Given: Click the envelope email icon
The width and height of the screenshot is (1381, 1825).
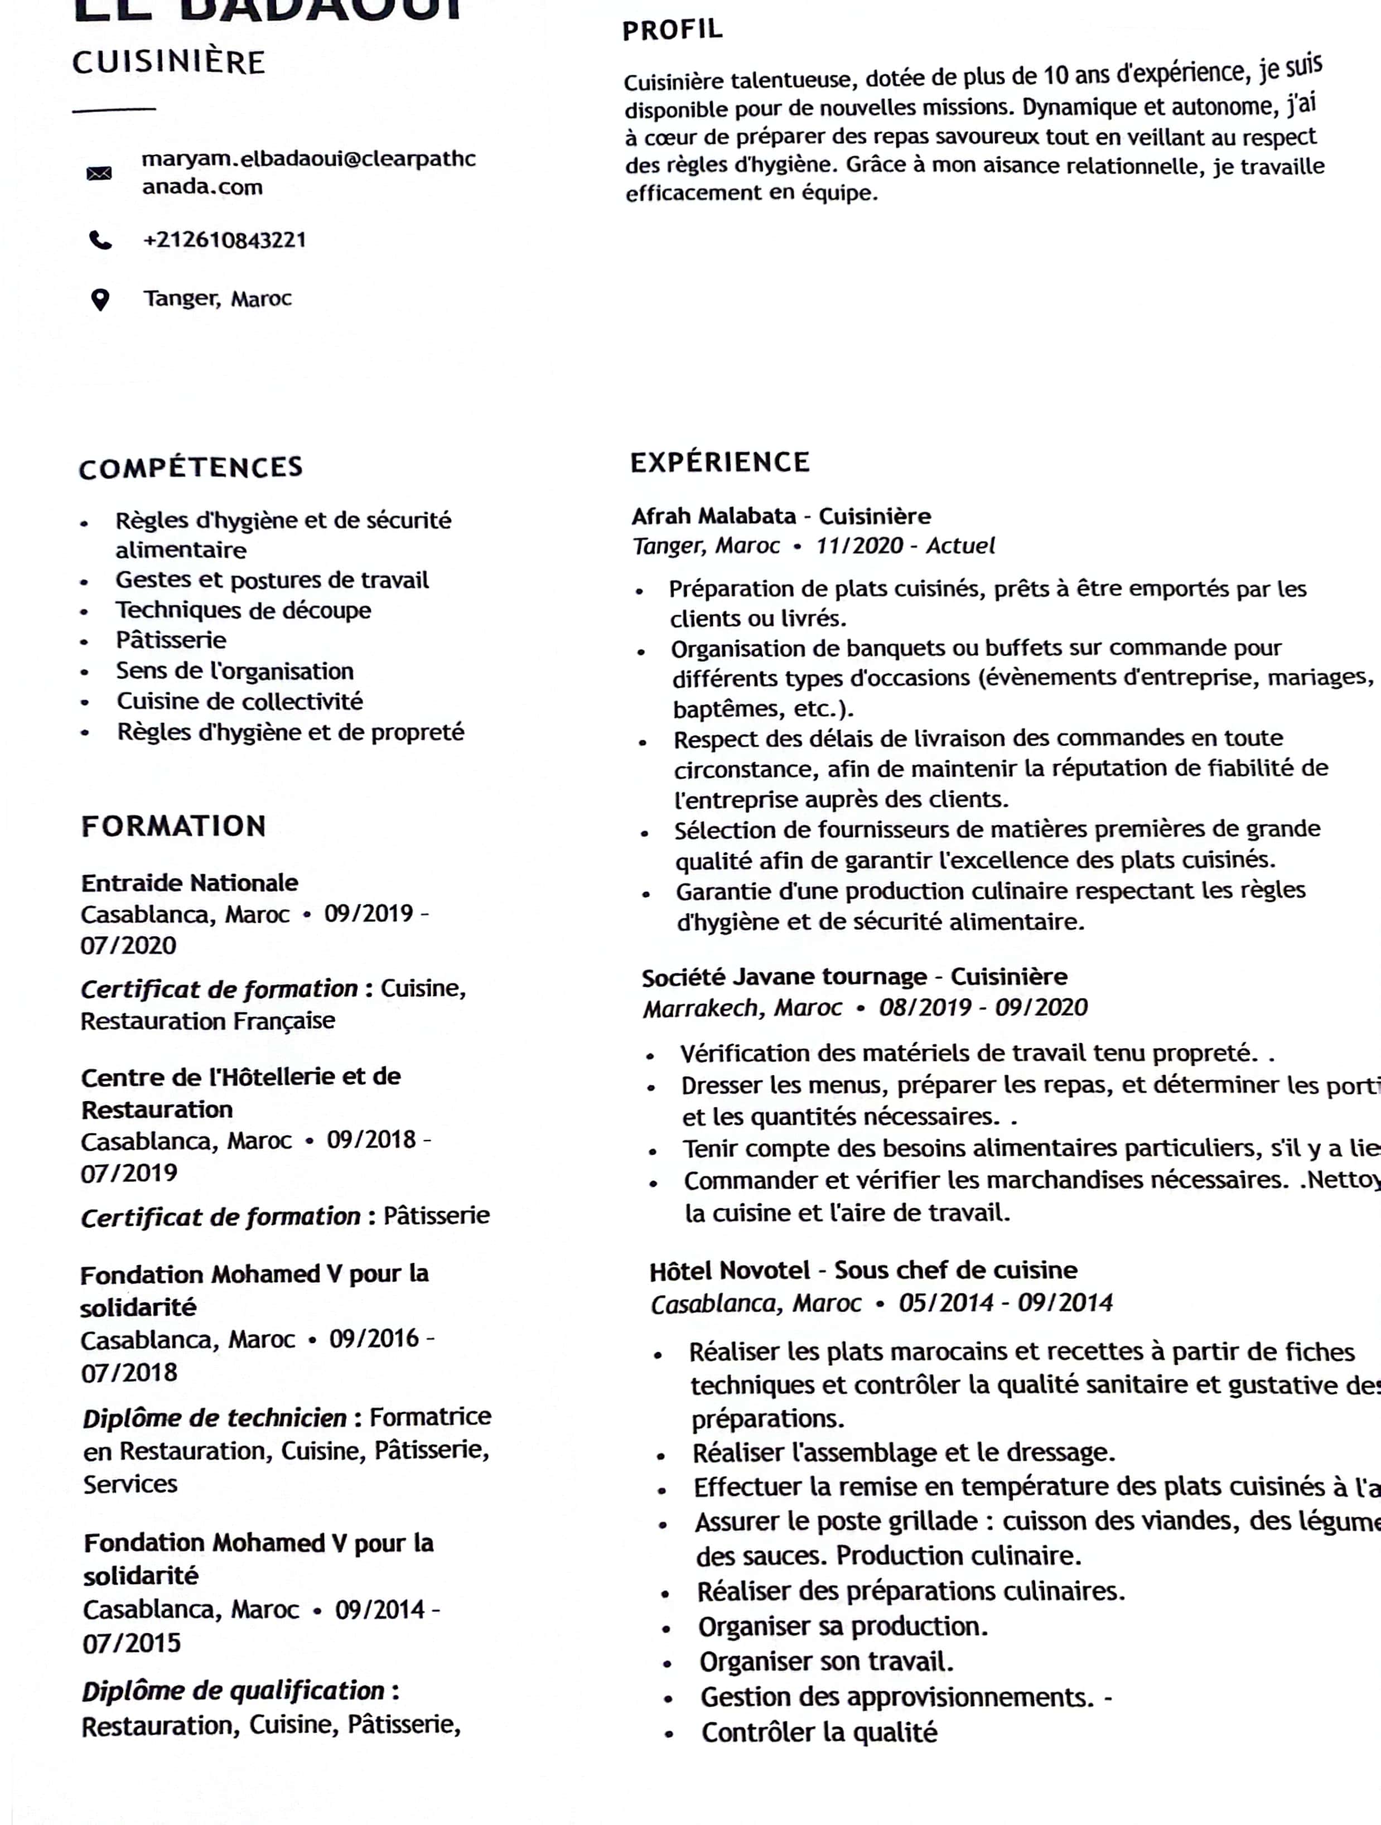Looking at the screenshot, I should point(99,173).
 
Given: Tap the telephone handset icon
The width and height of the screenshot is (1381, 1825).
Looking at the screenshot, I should point(100,240).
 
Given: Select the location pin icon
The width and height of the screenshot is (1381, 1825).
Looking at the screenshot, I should point(100,300).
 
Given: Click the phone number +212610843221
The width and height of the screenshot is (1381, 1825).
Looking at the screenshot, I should point(224,240).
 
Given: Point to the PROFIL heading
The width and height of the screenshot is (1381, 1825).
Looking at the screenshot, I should point(672,31).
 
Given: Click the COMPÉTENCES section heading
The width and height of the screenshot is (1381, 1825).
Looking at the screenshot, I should point(191,468).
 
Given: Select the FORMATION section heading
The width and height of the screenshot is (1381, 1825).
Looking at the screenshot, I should point(173,826).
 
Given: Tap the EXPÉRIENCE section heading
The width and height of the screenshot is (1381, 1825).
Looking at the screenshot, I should point(720,462).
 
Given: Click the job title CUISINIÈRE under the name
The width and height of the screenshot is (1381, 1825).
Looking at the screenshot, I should point(169,62).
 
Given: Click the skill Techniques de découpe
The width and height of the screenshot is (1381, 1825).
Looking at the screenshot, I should point(243,611).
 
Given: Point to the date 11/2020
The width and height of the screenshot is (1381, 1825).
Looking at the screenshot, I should point(859,546).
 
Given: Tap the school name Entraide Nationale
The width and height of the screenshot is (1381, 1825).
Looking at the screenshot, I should point(190,883).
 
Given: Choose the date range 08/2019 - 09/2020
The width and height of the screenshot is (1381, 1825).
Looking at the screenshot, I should point(983,1007).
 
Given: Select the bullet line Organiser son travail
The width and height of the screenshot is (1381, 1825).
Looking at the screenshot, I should point(827,1662).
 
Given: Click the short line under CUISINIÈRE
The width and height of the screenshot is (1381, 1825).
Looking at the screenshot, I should point(114,109).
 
